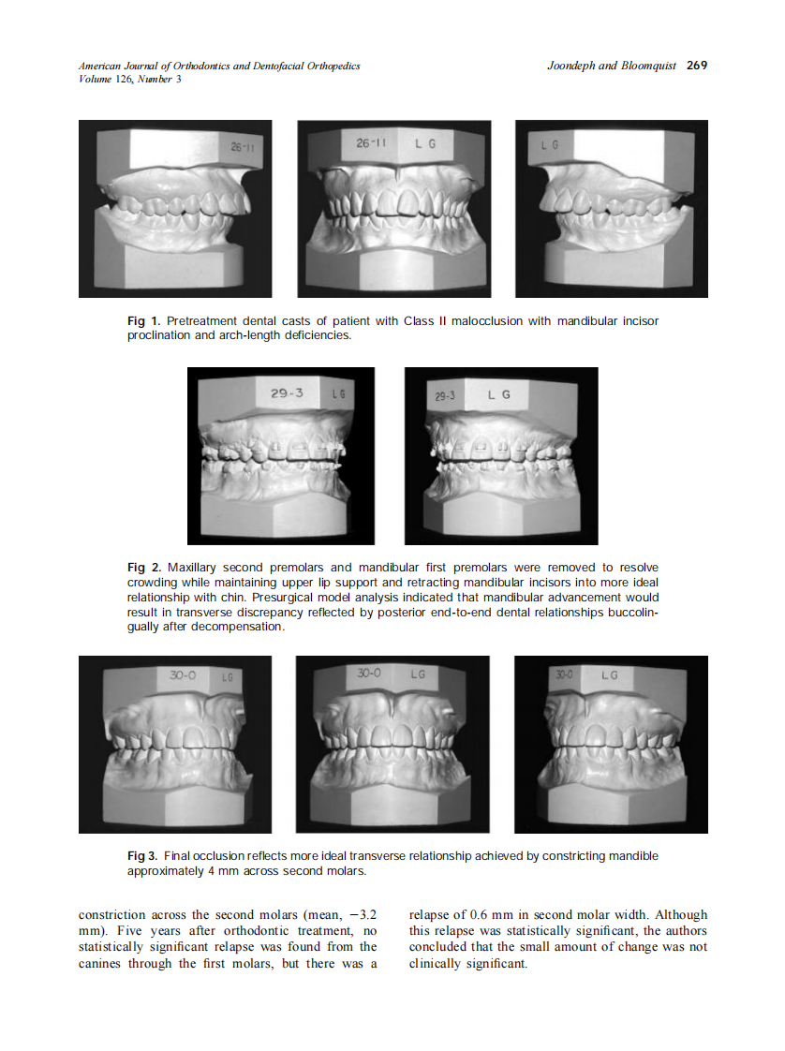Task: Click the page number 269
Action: click(696, 66)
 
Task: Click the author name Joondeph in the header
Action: click(570, 66)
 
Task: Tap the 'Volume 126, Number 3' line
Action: click(130, 80)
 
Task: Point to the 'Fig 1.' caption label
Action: click(143, 321)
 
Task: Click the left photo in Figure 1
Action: click(175, 208)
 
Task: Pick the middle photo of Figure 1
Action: click(392, 208)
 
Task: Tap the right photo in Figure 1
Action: click(611, 208)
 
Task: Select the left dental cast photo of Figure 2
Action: click(281, 455)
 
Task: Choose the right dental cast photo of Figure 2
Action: click(501, 455)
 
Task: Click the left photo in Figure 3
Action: click(175, 744)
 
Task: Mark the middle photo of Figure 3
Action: click(392, 744)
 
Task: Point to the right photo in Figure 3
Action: click(611, 744)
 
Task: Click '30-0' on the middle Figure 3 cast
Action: click(370, 673)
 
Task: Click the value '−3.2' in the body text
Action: click(361, 914)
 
